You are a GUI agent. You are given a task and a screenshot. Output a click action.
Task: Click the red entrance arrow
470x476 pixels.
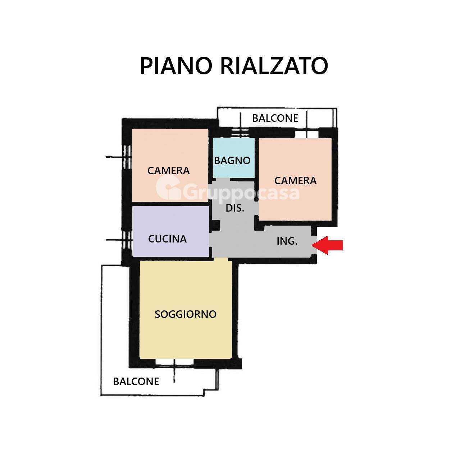pyautogui.click(x=327, y=245)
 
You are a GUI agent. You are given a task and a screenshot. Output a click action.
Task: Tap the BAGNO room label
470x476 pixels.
pyautogui.click(x=232, y=161)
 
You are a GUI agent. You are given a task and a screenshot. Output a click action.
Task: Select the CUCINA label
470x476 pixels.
pyautogui.click(x=167, y=239)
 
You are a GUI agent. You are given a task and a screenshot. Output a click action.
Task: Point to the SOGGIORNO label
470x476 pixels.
pyautogui.click(x=186, y=314)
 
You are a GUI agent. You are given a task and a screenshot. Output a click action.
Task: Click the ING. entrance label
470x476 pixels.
pyautogui.click(x=287, y=241)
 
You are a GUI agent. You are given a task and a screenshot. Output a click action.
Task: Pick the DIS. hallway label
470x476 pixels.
pyautogui.click(x=235, y=208)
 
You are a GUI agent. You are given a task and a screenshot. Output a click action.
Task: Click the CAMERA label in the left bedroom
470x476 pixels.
pyautogui.click(x=168, y=171)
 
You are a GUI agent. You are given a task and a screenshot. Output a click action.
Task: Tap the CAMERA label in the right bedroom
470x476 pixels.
pyautogui.click(x=295, y=181)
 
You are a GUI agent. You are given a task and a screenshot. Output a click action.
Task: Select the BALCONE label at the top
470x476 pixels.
pyautogui.click(x=275, y=118)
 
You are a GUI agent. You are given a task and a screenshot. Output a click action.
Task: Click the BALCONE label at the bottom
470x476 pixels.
pyautogui.click(x=136, y=382)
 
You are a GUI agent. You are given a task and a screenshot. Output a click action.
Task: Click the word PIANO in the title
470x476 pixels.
pyautogui.click(x=176, y=66)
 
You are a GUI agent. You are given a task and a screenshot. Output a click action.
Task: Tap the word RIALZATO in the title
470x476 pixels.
pyautogui.click(x=274, y=66)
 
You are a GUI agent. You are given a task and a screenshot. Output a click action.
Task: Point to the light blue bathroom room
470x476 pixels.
pyautogui.click(x=234, y=157)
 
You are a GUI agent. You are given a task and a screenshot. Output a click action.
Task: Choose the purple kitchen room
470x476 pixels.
pyautogui.click(x=171, y=231)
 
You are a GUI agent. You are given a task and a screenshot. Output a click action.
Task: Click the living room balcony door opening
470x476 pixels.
pyautogui.click(x=174, y=362)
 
